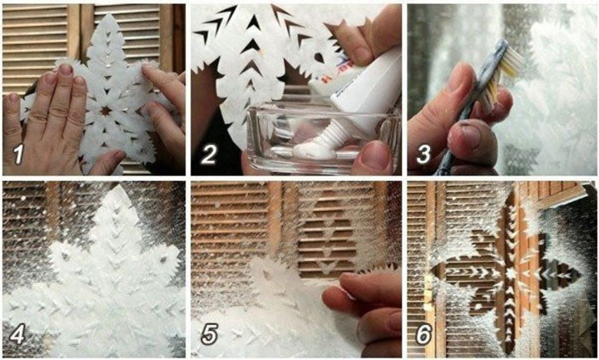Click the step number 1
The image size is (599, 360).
coord(17,155)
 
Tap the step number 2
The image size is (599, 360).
coord(210,155)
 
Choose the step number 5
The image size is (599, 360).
coord(210,334)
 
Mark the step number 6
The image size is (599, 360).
coord(423,334)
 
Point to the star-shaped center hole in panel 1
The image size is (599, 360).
coord(106,111)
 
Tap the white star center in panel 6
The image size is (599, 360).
coord(510,274)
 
